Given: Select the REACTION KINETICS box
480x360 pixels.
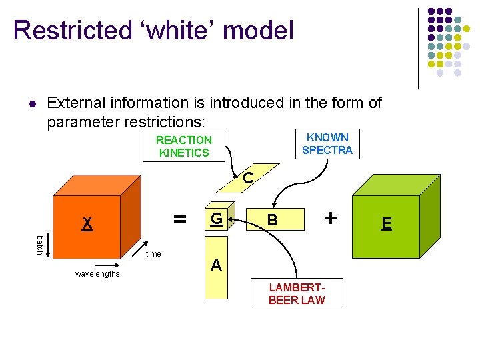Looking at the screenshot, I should pyautogui.click(x=183, y=147).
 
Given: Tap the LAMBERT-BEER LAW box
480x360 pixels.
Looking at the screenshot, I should pyautogui.click(x=297, y=294).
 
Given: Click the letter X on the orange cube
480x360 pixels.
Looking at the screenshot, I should pyautogui.click(x=87, y=224).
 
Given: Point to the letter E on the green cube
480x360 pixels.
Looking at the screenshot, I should pyautogui.click(x=386, y=223).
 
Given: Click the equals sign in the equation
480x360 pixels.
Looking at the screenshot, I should pyautogui.click(x=179, y=218).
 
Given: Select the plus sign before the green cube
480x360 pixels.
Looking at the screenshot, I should pyautogui.click(x=329, y=218).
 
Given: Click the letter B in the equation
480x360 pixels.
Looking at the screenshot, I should pyautogui.click(x=271, y=220).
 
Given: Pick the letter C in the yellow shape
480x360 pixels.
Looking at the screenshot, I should pyautogui.click(x=247, y=179).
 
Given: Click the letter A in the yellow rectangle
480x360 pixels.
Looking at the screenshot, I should pyautogui.click(x=216, y=266).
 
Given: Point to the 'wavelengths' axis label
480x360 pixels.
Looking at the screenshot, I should pyautogui.click(x=97, y=274).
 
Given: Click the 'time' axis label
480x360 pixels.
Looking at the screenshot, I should pyautogui.click(x=153, y=254).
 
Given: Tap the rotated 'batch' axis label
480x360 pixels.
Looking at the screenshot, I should pyautogui.click(x=40, y=245).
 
